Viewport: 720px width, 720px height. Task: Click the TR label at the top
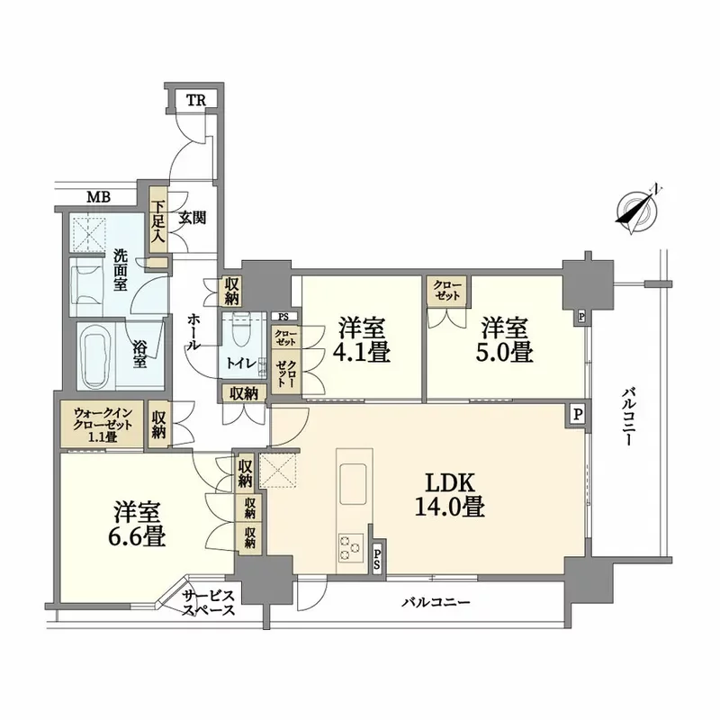(x=196, y=100)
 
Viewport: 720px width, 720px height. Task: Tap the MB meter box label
(x=99, y=197)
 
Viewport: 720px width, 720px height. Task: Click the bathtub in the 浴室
(x=96, y=356)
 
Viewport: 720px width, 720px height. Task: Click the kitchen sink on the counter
(x=353, y=483)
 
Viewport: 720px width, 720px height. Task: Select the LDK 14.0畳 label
(x=449, y=496)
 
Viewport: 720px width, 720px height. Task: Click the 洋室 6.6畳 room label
(x=137, y=525)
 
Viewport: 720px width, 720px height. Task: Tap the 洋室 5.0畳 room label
(x=505, y=340)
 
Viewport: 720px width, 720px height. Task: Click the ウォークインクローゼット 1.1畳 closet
(x=103, y=425)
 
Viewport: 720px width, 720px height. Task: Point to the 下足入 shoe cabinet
(x=157, y=220)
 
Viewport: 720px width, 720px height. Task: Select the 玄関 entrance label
(x=192, y=218)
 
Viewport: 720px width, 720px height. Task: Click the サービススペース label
(x=209, y=603)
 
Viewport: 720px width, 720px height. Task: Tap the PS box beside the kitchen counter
(x=376, y=557)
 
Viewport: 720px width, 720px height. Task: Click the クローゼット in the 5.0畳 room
(x=447, y=291)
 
